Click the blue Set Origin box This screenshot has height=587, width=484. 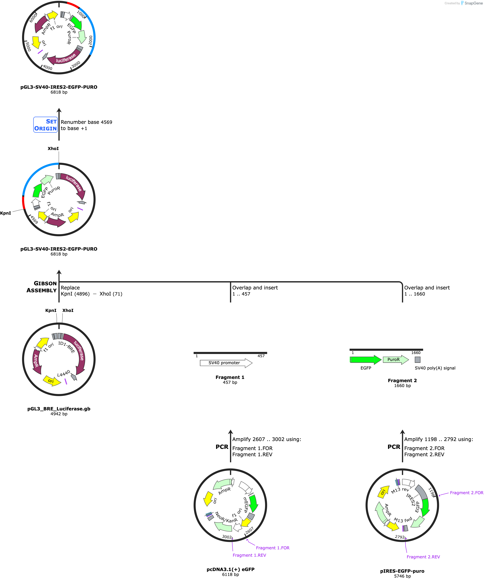pos(45,125)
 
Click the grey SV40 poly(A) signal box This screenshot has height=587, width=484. pos(417,360)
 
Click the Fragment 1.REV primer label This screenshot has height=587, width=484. pos(249,555)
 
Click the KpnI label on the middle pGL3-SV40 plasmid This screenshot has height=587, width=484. pos(6,213)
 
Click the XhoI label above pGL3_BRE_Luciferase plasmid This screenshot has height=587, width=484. pos(68,311)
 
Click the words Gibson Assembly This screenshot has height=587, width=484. pos(42,287)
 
